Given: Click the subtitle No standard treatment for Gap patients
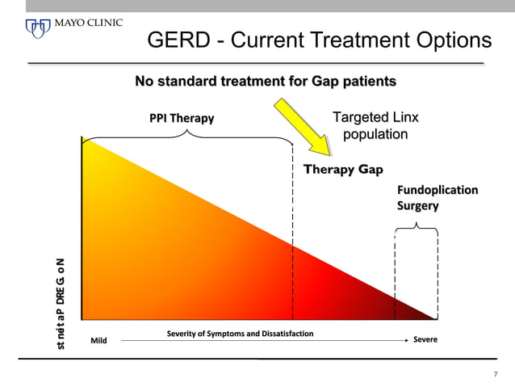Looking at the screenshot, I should point(265,82).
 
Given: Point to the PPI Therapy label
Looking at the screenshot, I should point(182,120).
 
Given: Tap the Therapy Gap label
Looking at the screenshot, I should point(343,170).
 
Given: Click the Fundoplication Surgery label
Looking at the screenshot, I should point(437,197).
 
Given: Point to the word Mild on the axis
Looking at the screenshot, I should point(98,340).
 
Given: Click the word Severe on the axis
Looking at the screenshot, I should point(425,339).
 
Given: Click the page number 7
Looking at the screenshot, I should point(496,374).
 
